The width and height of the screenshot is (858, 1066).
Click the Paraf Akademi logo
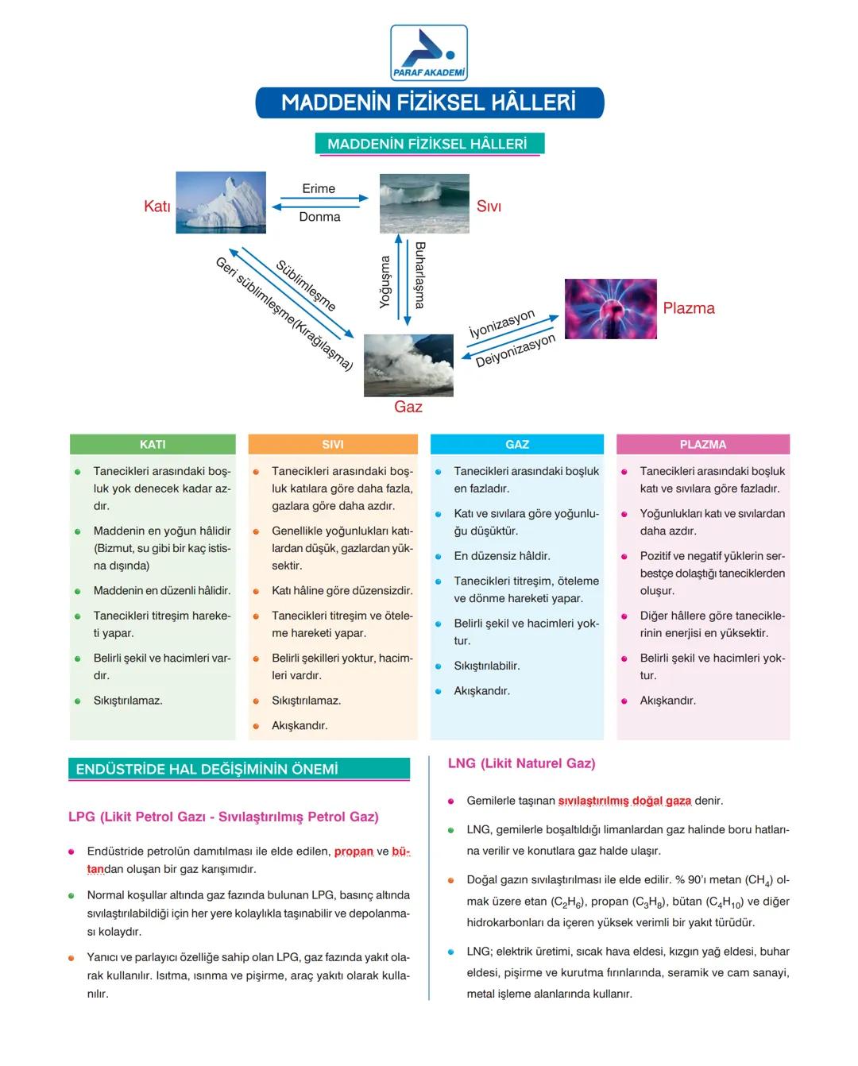(x=429, y=52)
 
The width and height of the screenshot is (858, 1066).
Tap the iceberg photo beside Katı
(x=221, y=203)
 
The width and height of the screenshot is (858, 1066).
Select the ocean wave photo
(x=424, y=203)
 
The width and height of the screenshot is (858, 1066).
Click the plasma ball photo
(x=610, y=309)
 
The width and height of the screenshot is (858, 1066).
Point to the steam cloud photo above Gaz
(x=408, y=365)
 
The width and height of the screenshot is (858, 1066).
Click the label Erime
(x=319, y=188)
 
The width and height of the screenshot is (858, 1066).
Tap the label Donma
(x=319, y=217)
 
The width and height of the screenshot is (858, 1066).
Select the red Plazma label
(x=689, y=308)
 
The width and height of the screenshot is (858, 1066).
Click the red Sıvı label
(x=489, y=207)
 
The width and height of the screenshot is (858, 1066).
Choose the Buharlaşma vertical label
(x=419, y=275)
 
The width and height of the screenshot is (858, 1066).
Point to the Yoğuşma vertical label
(x=385, y=282)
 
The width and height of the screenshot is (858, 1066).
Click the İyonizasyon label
(x=501, y=324)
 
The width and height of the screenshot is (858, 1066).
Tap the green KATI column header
(x=153, y=444)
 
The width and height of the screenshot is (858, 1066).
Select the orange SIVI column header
(x=333, y=444)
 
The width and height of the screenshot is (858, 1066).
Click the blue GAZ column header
(x=517, y=444)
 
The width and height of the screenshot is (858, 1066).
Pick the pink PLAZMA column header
(x=703, y=444)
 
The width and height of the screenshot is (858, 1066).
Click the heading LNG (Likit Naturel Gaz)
(x=521, y=763)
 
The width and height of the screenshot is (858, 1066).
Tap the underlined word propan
(x=354, y=852)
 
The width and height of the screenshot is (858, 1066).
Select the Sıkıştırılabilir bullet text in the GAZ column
(x=487, y=666)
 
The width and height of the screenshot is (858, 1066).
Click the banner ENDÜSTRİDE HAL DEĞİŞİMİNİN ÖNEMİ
(x=239, y=769)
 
